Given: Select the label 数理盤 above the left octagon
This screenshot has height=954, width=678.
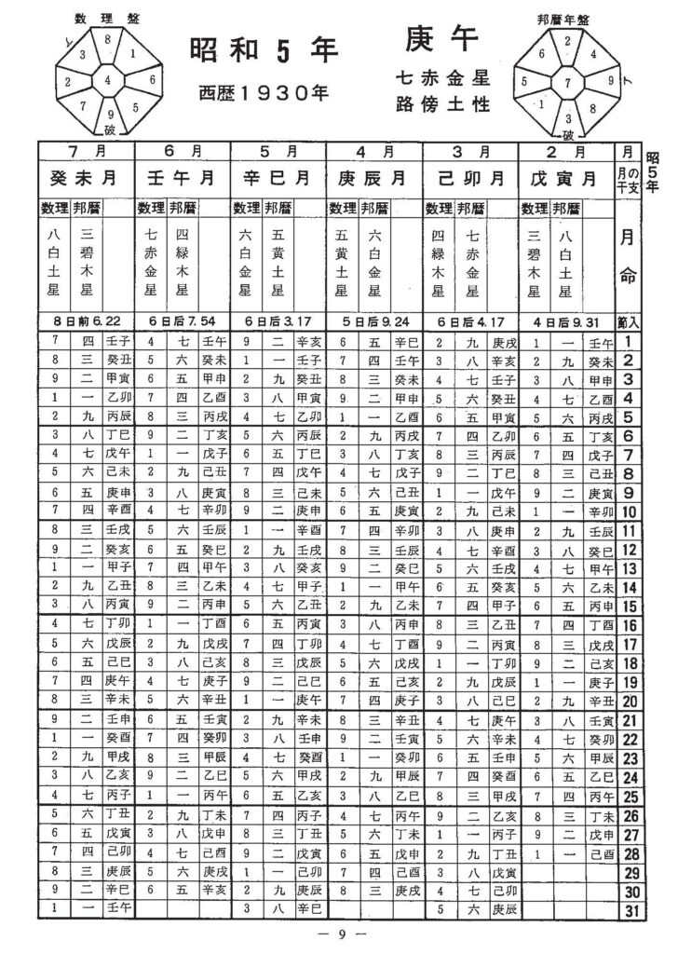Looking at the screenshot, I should [x=108, y=18].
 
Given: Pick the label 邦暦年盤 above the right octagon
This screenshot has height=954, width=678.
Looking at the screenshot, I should [x=566, y=18].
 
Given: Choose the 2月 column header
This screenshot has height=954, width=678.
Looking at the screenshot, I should [x=566, y=151].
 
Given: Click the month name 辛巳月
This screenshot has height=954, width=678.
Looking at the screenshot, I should [x=278, y=176].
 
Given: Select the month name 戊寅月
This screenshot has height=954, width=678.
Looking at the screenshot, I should [x=566, y=176].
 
